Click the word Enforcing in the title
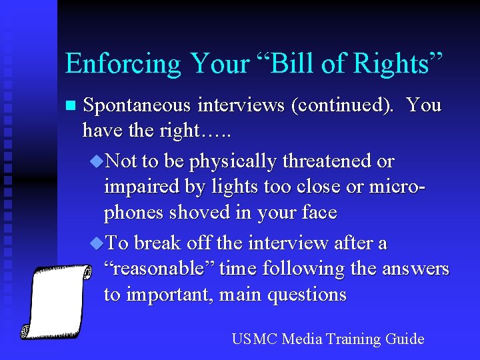(123, 64)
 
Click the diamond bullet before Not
(97, 161)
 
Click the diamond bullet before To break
(97, 243)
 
